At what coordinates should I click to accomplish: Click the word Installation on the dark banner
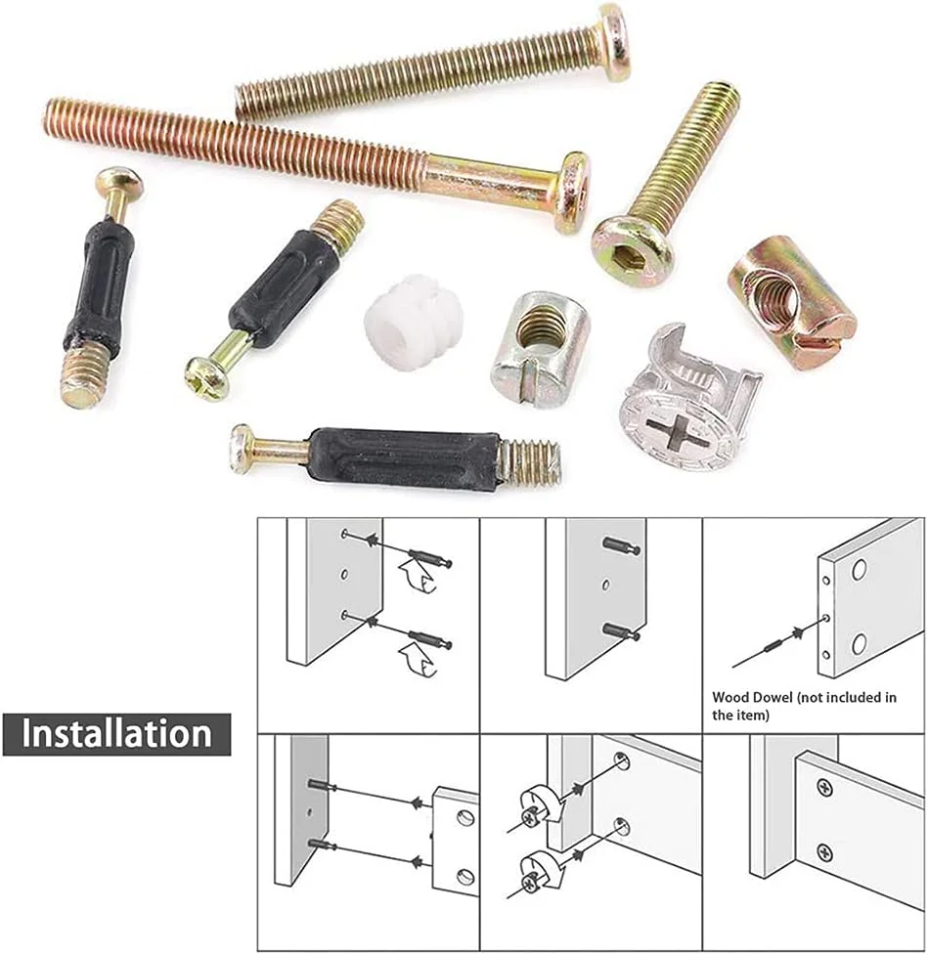point(116,733)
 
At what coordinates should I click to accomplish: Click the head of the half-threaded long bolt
point(573,192)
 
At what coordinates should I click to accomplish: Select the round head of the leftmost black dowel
point(120,182)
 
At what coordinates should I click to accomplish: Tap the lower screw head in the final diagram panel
point(824,850)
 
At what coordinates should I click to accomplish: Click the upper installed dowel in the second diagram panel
point(622,546)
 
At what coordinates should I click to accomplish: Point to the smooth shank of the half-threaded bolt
point(491,181)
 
